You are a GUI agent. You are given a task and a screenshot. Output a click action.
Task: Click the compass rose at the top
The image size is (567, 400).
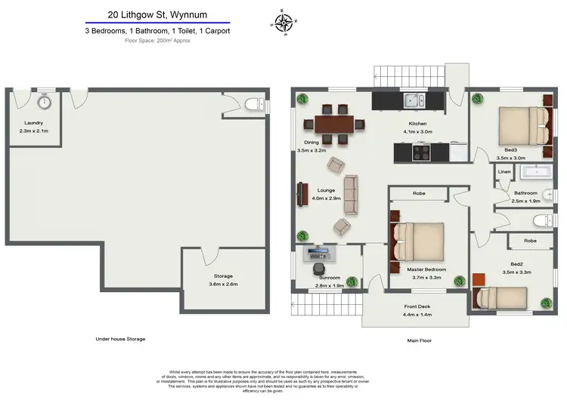tap(283, 23)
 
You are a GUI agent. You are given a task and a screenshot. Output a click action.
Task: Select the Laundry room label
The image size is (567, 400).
tap(33, 123)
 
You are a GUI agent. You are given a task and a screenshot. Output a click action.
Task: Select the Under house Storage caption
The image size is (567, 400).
tap(120, 339)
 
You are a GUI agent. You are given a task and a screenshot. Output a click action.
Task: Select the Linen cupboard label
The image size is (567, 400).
tap(504, 173)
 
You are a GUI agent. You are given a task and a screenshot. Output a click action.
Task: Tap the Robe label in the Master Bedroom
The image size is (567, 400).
tap(418, 194)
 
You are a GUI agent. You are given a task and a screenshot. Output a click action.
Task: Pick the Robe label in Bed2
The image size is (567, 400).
tap(529, 242)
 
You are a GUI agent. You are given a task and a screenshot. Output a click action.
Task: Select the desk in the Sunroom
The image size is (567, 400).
tap(319, 253)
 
